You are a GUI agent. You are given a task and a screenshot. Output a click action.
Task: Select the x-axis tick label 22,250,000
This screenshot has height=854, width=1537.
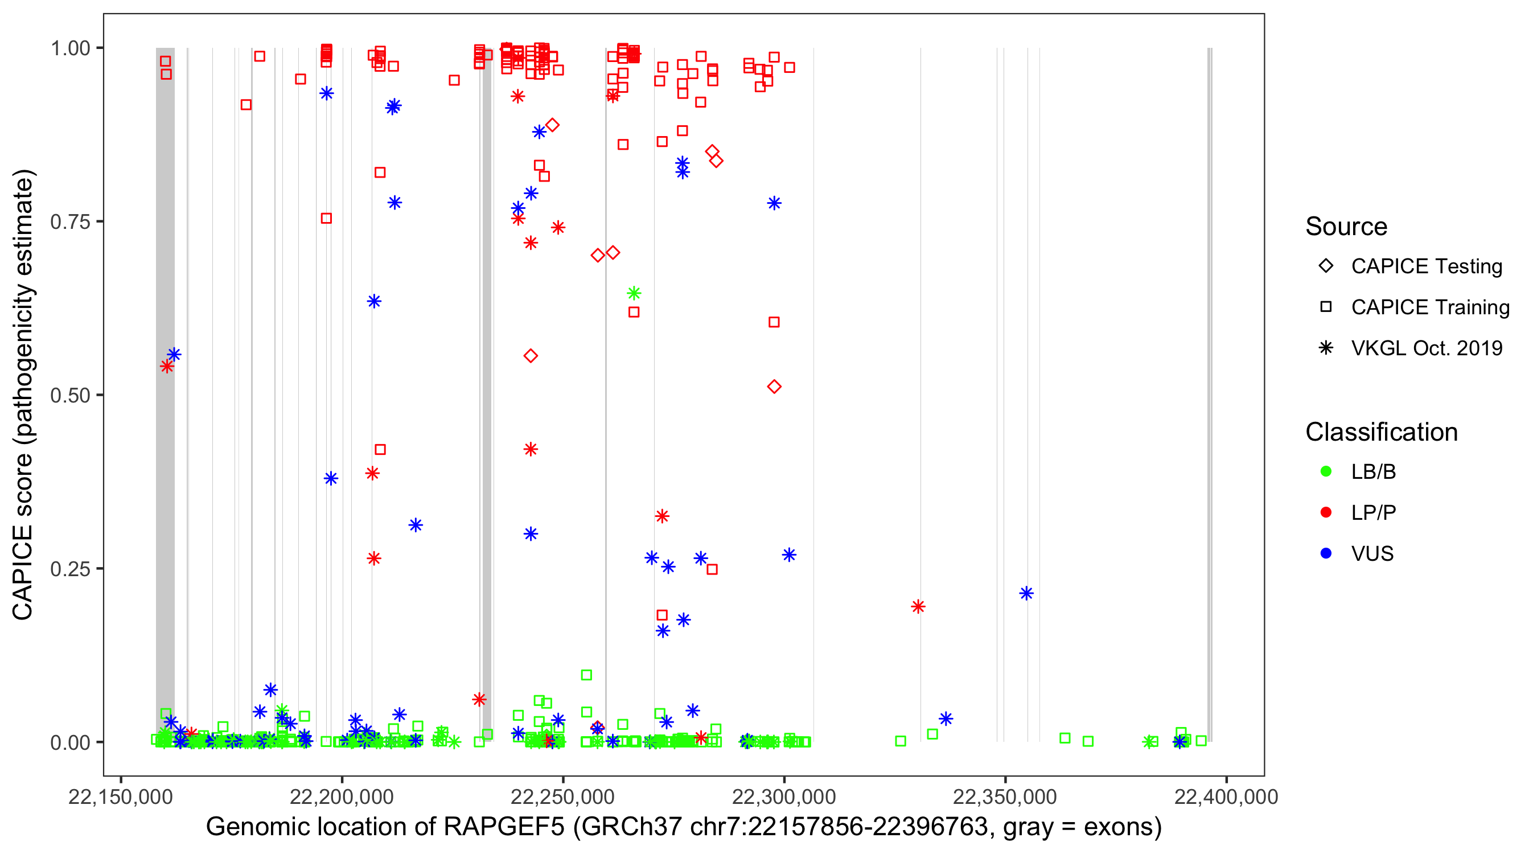[x=562, y=796]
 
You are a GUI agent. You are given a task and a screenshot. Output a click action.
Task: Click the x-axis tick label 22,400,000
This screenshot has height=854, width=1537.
[x=1226, y=796]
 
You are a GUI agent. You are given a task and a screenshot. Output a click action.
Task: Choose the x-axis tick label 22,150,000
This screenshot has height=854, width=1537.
[x=121, y=796]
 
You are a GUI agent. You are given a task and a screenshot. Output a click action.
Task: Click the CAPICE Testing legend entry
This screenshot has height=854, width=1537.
[x=1426, y=266]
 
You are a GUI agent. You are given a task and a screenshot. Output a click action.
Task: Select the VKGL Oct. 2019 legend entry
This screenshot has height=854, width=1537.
[x=1426, y=348]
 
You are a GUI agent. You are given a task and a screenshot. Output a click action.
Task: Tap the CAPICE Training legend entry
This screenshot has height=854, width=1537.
[x=1429, y=307]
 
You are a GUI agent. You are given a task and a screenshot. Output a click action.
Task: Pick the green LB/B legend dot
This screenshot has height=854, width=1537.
[x=1326, y=472]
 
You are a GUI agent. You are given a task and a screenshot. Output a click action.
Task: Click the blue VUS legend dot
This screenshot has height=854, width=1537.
[x=1326, y=554]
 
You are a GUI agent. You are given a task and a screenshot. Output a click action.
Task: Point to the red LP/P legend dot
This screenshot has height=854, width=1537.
[x=1326, y=512]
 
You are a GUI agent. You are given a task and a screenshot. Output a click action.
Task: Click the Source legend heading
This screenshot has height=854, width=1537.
[x=1346, y=227]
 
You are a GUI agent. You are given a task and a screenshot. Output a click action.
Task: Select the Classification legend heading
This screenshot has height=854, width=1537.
[x=1381, y=432]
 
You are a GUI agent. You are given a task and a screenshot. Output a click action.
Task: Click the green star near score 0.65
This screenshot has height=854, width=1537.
[x=634, y=293]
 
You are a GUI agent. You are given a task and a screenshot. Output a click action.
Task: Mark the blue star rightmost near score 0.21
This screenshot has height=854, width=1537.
[x=1026, y=593]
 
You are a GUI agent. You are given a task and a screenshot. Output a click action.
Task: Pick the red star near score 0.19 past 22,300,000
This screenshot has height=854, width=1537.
[x=918, y=607]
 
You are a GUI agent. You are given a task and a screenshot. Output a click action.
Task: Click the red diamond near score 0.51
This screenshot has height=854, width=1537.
[x=774, y=387]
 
